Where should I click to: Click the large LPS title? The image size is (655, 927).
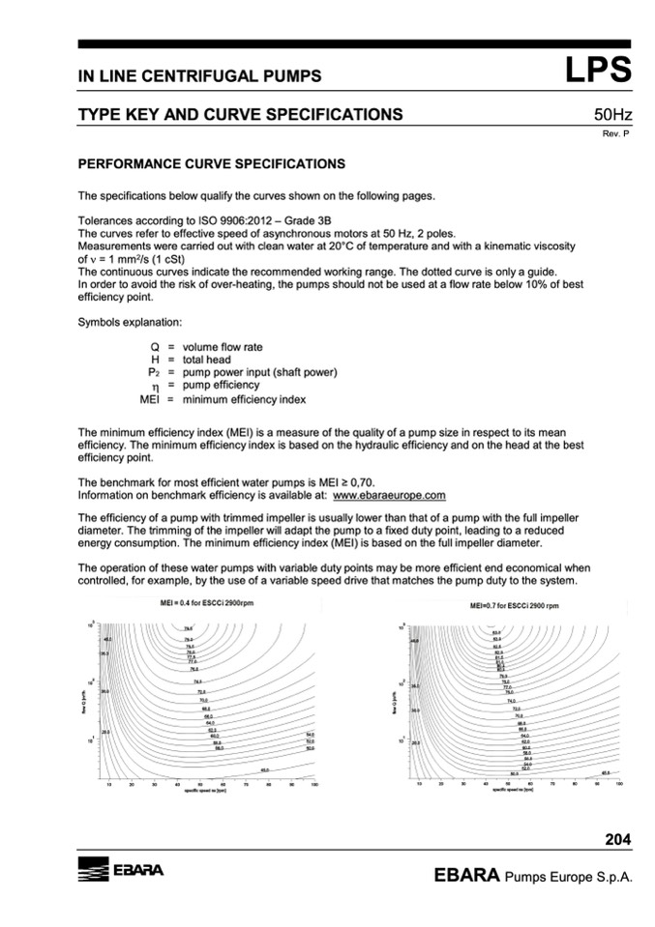point(599,71)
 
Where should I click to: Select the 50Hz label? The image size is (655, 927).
point(612,115)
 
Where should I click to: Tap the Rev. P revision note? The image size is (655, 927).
point(616,133)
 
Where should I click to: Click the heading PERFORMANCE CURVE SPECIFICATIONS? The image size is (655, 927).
point(211,164)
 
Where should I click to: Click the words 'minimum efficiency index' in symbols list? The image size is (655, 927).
point(244,398)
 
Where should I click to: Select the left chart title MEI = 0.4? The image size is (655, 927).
point(197,602)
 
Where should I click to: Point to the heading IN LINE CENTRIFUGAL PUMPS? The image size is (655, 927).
point(199,76)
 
